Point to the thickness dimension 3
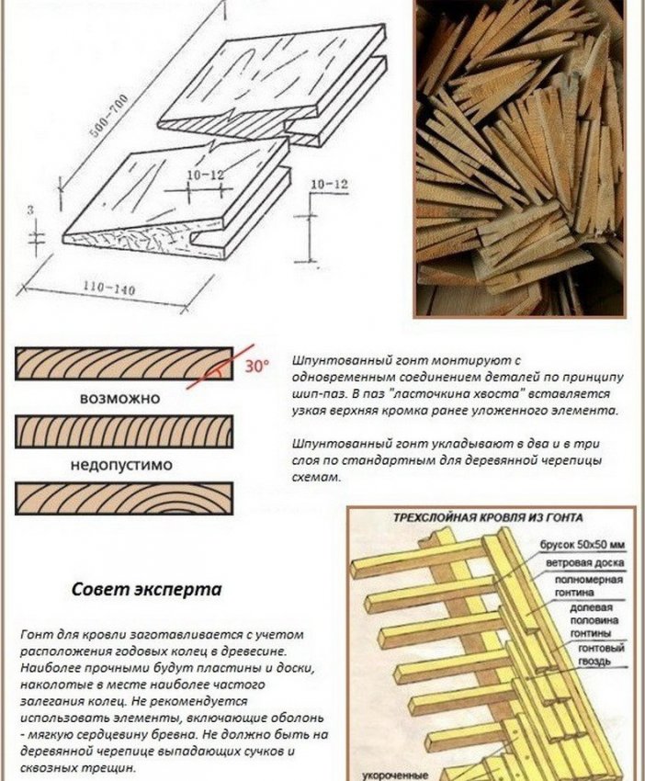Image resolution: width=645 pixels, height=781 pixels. [x=30, y=210]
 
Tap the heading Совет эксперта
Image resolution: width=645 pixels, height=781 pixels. [x=146, y=590]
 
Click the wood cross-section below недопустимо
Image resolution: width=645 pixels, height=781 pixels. [x=123, y=499]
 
